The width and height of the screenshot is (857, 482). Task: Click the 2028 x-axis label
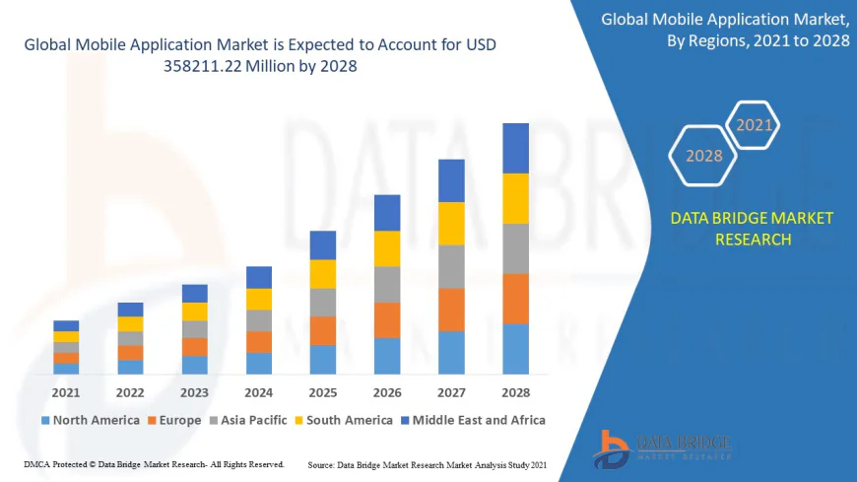pyautogui.click(x=515, y=392)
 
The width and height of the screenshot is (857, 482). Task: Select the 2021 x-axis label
pyautogui.click(x=66, y=392)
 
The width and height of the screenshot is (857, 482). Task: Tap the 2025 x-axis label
pyautogui.click(x=323, y=392)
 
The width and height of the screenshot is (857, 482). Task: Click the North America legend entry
pyautogui.click(x=90, y=420)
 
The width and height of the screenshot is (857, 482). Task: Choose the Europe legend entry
pyautogui.click(x=178, y=420)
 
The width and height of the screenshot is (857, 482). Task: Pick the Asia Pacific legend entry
pyautogui.click(x=249, y=420)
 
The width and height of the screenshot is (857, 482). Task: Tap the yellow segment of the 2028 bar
pyautogui.click(x=515, y=198)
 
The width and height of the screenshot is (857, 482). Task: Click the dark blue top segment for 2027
pyautogui.click(x=451, y=180)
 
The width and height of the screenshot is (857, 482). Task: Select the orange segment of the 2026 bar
pyautogui.click(x=387, y=320)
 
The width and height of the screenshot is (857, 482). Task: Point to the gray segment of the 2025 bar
pyautogui.click(x=323, y=303)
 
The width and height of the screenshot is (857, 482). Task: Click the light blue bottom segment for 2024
pyautogui.click(x=259, y=364)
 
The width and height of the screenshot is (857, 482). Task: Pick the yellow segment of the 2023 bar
pyautogui.click(x=195, y=311)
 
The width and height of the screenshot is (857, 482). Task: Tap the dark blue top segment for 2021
pyautogui.click(x=66, y=325)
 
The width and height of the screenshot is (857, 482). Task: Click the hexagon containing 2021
pyautogui.click(x=754, y=125)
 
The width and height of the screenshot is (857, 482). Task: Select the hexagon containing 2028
pyautogui.click(x=704, y=156)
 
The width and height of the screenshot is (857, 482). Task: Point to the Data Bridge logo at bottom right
pyautogui.click(x=662, y=448)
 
